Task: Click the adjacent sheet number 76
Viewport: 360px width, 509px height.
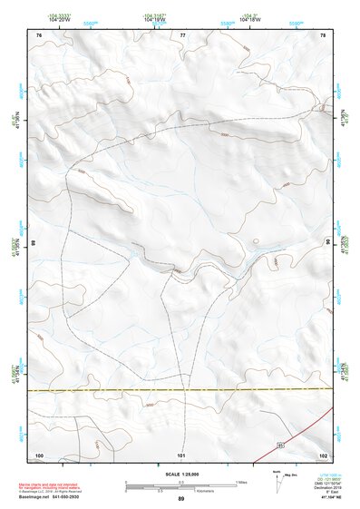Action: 39,34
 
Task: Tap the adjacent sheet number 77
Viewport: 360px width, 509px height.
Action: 182,34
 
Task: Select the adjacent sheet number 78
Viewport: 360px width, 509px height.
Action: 324,34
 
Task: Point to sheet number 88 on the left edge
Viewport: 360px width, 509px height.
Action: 34,243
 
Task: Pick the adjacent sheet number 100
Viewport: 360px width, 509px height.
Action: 39,454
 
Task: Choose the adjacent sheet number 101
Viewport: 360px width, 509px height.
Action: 181,454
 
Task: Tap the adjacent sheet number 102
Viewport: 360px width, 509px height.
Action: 323,454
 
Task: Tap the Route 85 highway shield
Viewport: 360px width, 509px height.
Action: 282,445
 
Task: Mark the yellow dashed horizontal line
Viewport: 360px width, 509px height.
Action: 181,390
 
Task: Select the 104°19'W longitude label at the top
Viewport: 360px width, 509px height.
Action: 154,18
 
